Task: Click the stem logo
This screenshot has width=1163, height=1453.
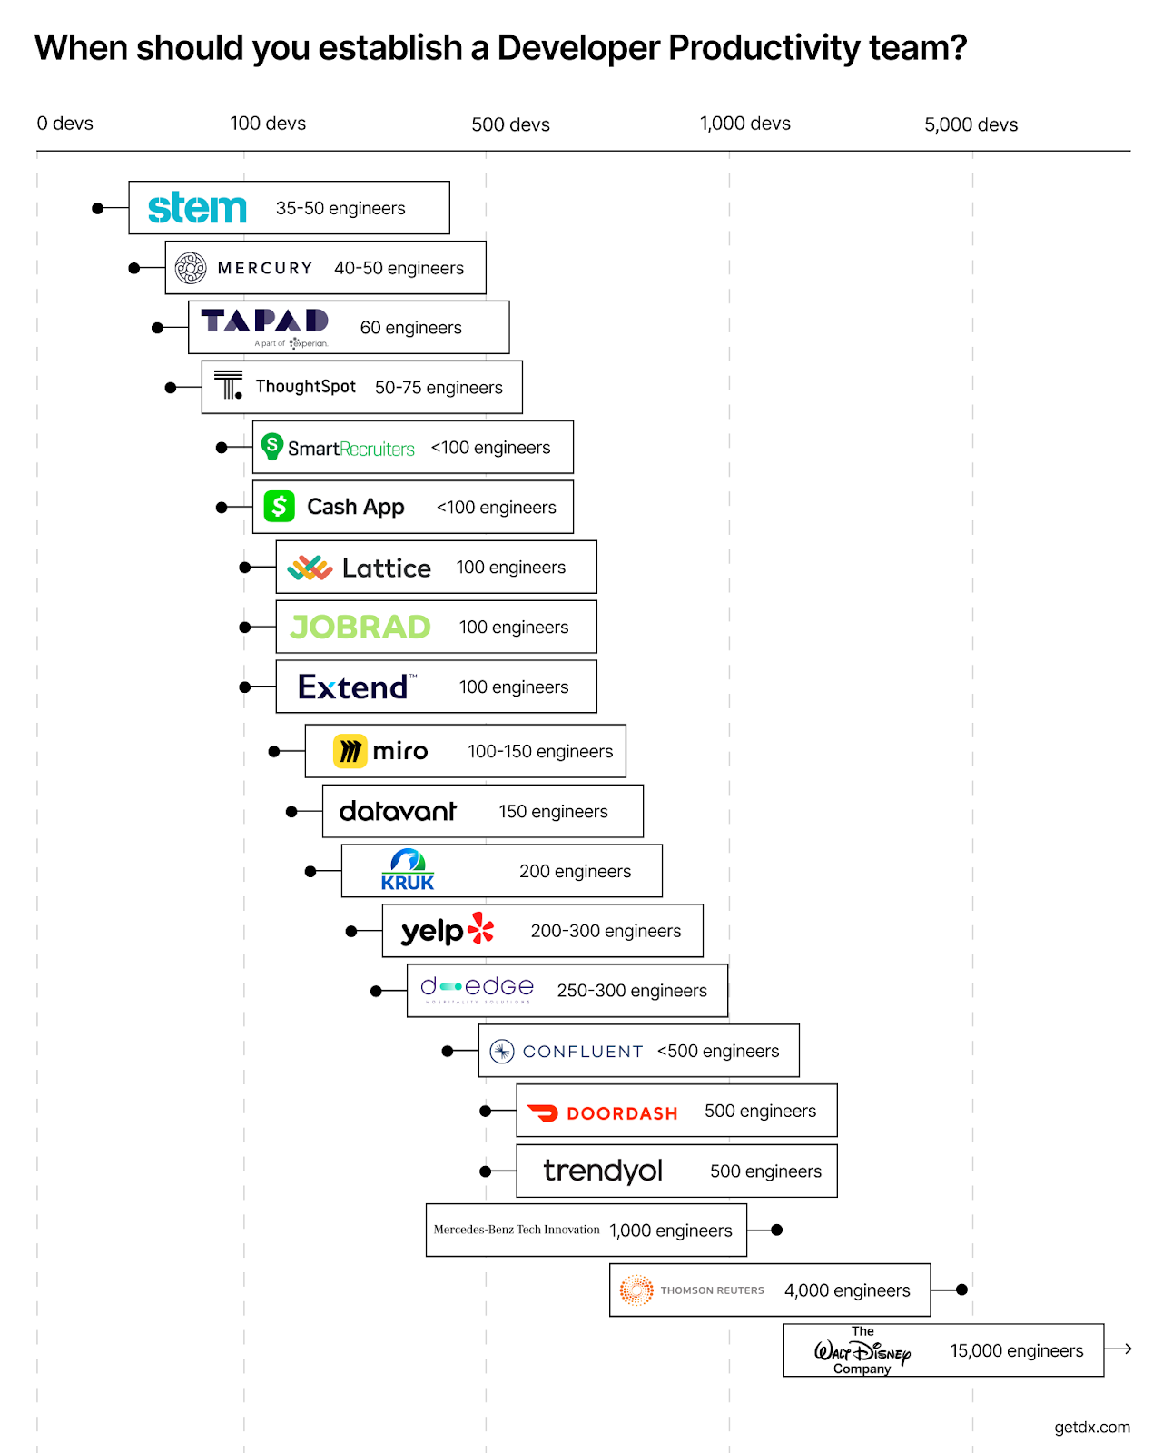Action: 197,208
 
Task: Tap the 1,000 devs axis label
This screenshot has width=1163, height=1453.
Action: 744,124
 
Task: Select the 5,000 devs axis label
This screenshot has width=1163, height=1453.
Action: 971,124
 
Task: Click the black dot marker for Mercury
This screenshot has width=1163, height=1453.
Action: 134,268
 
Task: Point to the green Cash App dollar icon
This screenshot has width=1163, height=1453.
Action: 280,506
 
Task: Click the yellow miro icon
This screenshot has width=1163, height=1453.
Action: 350,751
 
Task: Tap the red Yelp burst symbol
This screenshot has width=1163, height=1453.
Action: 481,929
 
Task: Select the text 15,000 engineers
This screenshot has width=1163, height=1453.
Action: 1016,1350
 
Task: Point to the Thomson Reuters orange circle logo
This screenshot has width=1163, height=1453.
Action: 636,1290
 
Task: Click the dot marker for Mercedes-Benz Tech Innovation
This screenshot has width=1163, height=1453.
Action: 776,1230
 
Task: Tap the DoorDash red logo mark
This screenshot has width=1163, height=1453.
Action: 543,1112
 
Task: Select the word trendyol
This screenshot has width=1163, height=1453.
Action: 603,1171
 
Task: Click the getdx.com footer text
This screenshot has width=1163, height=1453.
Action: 1091,1427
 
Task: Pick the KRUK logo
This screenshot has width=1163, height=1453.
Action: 408,870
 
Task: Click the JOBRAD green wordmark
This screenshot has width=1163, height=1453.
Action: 360,627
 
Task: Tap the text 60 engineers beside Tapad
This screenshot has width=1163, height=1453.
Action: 410,328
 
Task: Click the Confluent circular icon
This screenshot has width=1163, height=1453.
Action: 502,1051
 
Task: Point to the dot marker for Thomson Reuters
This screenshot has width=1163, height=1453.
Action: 961,1290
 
